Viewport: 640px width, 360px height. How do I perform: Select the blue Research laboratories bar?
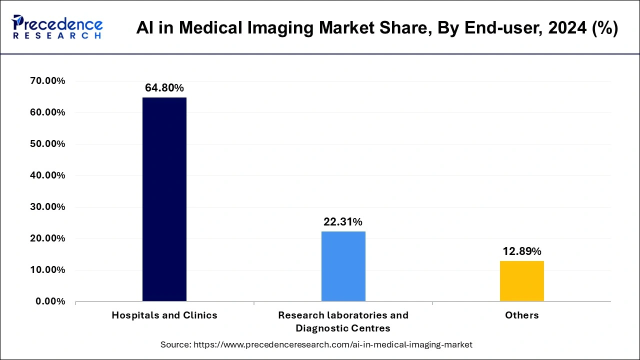(343, 266)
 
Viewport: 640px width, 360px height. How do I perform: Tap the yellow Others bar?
(521, 281)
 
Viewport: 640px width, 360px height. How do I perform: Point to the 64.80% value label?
(164, 88)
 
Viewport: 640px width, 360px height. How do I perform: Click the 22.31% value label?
(343, 222)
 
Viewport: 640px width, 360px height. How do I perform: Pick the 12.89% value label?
(522, 251)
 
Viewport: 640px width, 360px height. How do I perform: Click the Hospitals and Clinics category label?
(164, 315)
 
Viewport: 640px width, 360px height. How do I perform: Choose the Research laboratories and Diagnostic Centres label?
(343, 321)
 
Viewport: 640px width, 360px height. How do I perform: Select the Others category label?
(522, 315)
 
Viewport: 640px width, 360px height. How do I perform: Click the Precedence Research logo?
(57, 27)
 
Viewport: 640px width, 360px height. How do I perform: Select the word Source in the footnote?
(175, 344)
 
